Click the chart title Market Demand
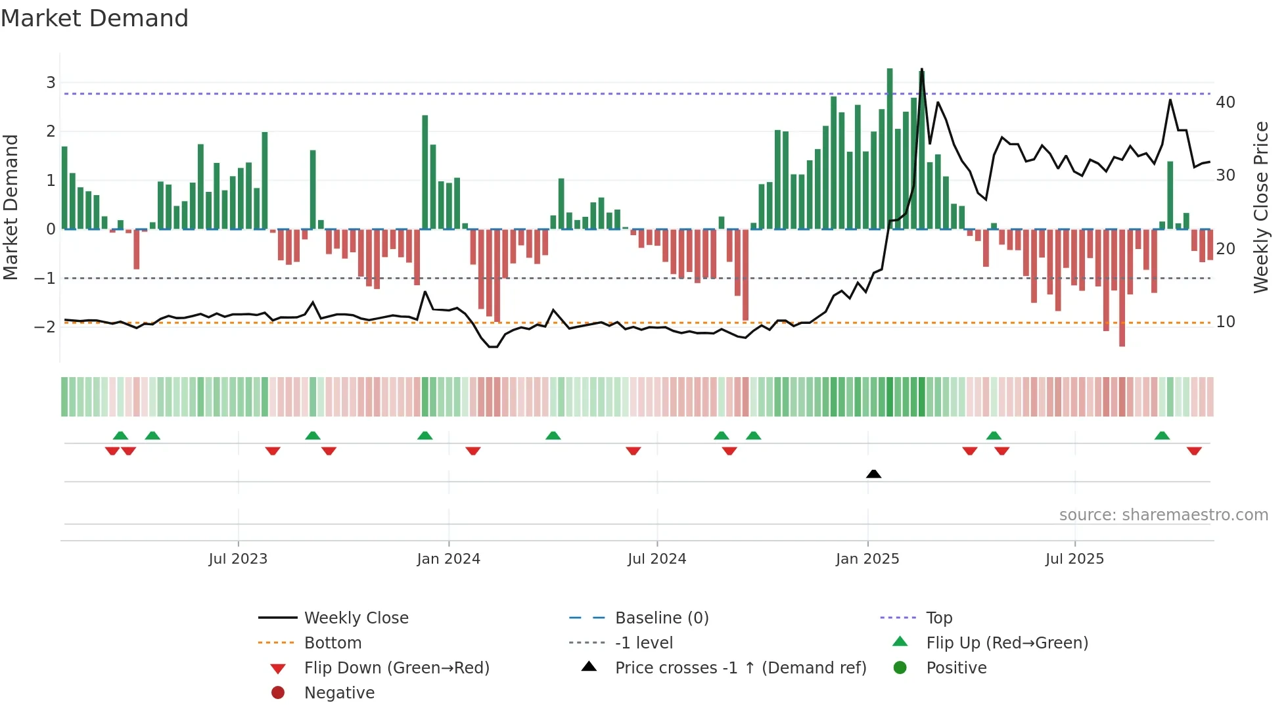95,18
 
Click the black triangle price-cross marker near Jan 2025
873,474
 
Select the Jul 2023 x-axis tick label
238,559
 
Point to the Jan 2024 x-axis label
448,559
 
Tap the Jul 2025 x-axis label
1074,559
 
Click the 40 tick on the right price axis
1225,102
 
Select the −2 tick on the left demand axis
45,327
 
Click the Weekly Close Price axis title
1260,207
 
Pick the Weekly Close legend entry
356,618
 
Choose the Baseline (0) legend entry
661,618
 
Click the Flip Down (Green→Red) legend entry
396,668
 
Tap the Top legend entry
938,618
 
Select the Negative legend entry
339,693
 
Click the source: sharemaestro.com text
1163,515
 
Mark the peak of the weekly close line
921,69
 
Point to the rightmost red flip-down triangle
1194,451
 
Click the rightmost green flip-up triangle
1162,436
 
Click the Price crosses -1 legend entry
740,668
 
